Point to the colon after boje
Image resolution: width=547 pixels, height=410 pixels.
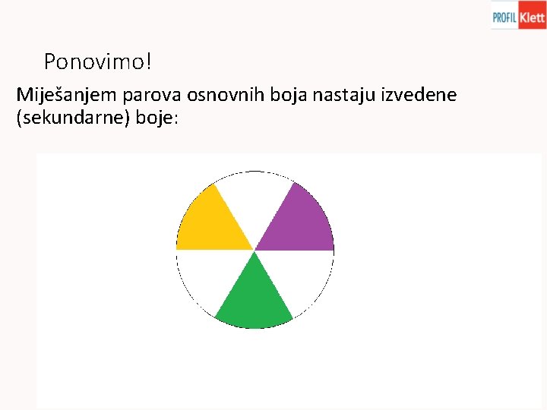point(175,121)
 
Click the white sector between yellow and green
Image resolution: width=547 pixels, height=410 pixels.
point(206,277)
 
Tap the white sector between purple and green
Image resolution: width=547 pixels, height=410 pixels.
point(303,277)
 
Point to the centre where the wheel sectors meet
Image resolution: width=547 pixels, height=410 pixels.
point(255,250)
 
